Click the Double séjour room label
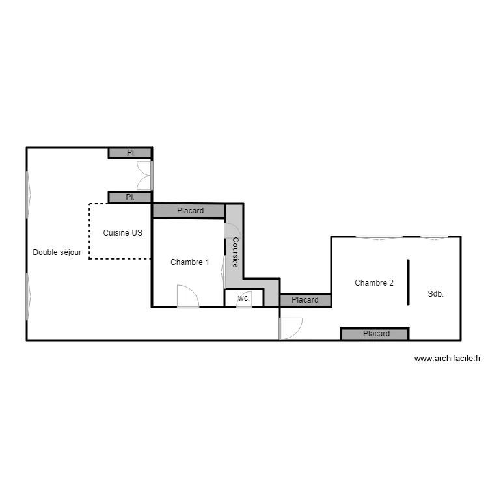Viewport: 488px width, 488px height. tap(57, 252)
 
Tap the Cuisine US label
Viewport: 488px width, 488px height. tap(123, 232)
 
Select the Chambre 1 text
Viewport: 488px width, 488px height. tap(190, 262)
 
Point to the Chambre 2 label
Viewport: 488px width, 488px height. tap(374, 282)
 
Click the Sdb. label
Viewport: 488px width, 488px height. tap(435, 294)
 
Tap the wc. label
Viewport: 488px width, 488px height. tap(244, 297)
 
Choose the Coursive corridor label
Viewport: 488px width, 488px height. tap(235, 252)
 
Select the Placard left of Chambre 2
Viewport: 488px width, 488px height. tap(305, 300)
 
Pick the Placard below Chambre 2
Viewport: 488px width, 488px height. tap(375, 334)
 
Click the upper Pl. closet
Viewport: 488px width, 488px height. tap(131, 154)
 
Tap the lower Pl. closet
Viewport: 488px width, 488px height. tap(131, 197)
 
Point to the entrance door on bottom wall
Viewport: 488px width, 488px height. tap(290, 327)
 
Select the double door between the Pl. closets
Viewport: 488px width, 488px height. tap(145, 175)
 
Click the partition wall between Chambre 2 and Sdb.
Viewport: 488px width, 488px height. tap(409, 282)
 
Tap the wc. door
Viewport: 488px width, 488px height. tap(244, 305)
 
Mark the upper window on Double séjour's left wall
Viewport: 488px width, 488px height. tap(27, 193)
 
